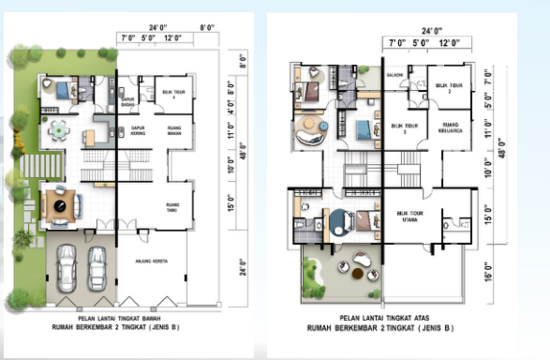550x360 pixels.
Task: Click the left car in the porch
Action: [68, 266]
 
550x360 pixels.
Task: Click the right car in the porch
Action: [97, 266]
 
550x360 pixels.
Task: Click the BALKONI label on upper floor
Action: [395, 74]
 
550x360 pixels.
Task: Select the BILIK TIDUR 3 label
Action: [403, 128]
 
